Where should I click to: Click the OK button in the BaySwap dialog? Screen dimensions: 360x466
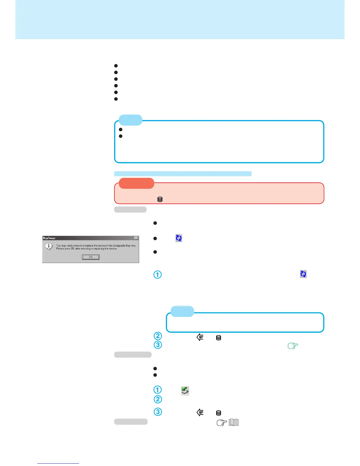(x=91, y=257)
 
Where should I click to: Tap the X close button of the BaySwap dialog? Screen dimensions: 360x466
(x=136, y=238)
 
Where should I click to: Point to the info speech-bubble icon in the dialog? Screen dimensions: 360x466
(x=49, y=247)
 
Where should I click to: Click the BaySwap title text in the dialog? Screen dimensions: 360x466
(x=49, y=238)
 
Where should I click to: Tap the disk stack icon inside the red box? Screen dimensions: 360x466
(x=160, y=199)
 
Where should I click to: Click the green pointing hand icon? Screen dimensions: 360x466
(x=293, y=346)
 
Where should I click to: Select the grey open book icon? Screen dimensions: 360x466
(x=234, y=423)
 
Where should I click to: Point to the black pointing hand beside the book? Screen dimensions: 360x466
(x=222, y=423)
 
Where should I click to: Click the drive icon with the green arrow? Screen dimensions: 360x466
(x=185, y=391)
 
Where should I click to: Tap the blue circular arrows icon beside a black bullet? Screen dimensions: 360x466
(x=179, y=238)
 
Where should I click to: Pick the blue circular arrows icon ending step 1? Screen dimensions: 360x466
(x=303, y=274)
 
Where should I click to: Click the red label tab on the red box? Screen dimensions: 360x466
(x=136, y=183)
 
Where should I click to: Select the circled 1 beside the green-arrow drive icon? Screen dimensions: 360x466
(x=158, y=390)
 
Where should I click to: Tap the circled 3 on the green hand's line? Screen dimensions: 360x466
(x=158, y=345)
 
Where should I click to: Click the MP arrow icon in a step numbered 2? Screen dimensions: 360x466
(x=200, y=337)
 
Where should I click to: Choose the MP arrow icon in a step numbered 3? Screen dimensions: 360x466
(x=200, y=412)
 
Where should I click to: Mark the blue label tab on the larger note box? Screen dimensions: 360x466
(x=131, y=120)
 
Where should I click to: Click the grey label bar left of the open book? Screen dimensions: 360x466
(x=131, y=422)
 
